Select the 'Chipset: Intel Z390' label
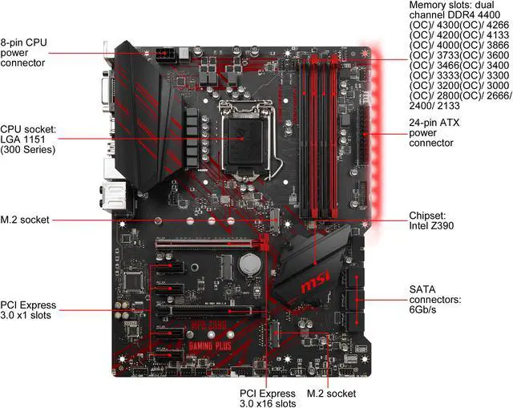click(432, 220)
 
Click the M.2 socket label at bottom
click(330, 394)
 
